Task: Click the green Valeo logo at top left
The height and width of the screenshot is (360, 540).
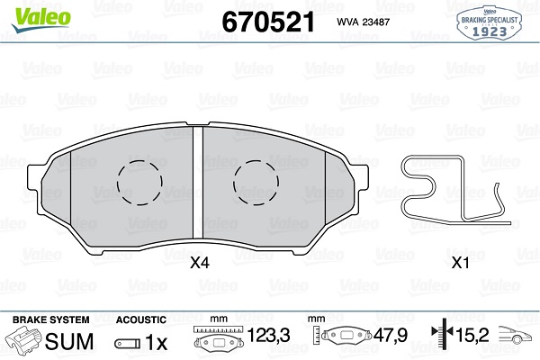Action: pos(40,19)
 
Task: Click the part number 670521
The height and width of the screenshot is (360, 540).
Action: pos(268,22)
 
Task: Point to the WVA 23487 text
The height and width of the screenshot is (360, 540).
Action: pos(363,22)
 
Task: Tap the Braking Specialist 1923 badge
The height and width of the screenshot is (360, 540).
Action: pos(489,22)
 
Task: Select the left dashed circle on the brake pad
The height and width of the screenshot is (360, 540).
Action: pos(139,183)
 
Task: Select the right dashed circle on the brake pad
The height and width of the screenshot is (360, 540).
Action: pos(256,183)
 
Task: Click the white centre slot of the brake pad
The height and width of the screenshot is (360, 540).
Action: pos(198,183)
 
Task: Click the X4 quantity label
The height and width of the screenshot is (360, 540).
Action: pos(200,264)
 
